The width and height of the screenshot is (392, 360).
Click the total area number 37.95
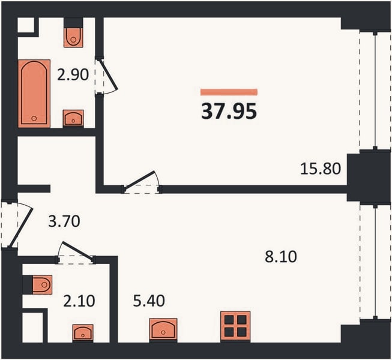pos(229,111)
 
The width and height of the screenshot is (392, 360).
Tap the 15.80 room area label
pos(320,168)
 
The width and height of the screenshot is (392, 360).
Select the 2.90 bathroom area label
pos(73,74)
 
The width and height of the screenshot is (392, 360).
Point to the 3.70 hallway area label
pos(64,221)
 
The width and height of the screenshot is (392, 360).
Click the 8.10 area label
pos(281,257)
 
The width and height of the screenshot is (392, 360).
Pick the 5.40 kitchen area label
pos(149,301)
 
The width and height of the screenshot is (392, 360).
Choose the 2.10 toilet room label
pos(79,301)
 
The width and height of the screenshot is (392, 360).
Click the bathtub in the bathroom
pos(34,94)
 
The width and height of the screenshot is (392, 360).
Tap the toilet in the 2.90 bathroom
pos(73,37)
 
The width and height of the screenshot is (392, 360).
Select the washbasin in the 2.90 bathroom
pos(73,118)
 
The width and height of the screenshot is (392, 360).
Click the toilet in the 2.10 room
pos(42,284)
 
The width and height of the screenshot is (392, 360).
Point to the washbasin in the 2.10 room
pos(83,332)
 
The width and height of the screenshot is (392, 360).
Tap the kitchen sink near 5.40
pos(163,329)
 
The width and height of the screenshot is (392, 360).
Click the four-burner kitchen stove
pos(235,326)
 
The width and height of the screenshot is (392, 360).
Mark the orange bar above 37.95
pos(229,92)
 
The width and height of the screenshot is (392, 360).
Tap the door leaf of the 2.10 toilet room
pos(77,250)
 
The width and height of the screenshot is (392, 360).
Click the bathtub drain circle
pos(34,118)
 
